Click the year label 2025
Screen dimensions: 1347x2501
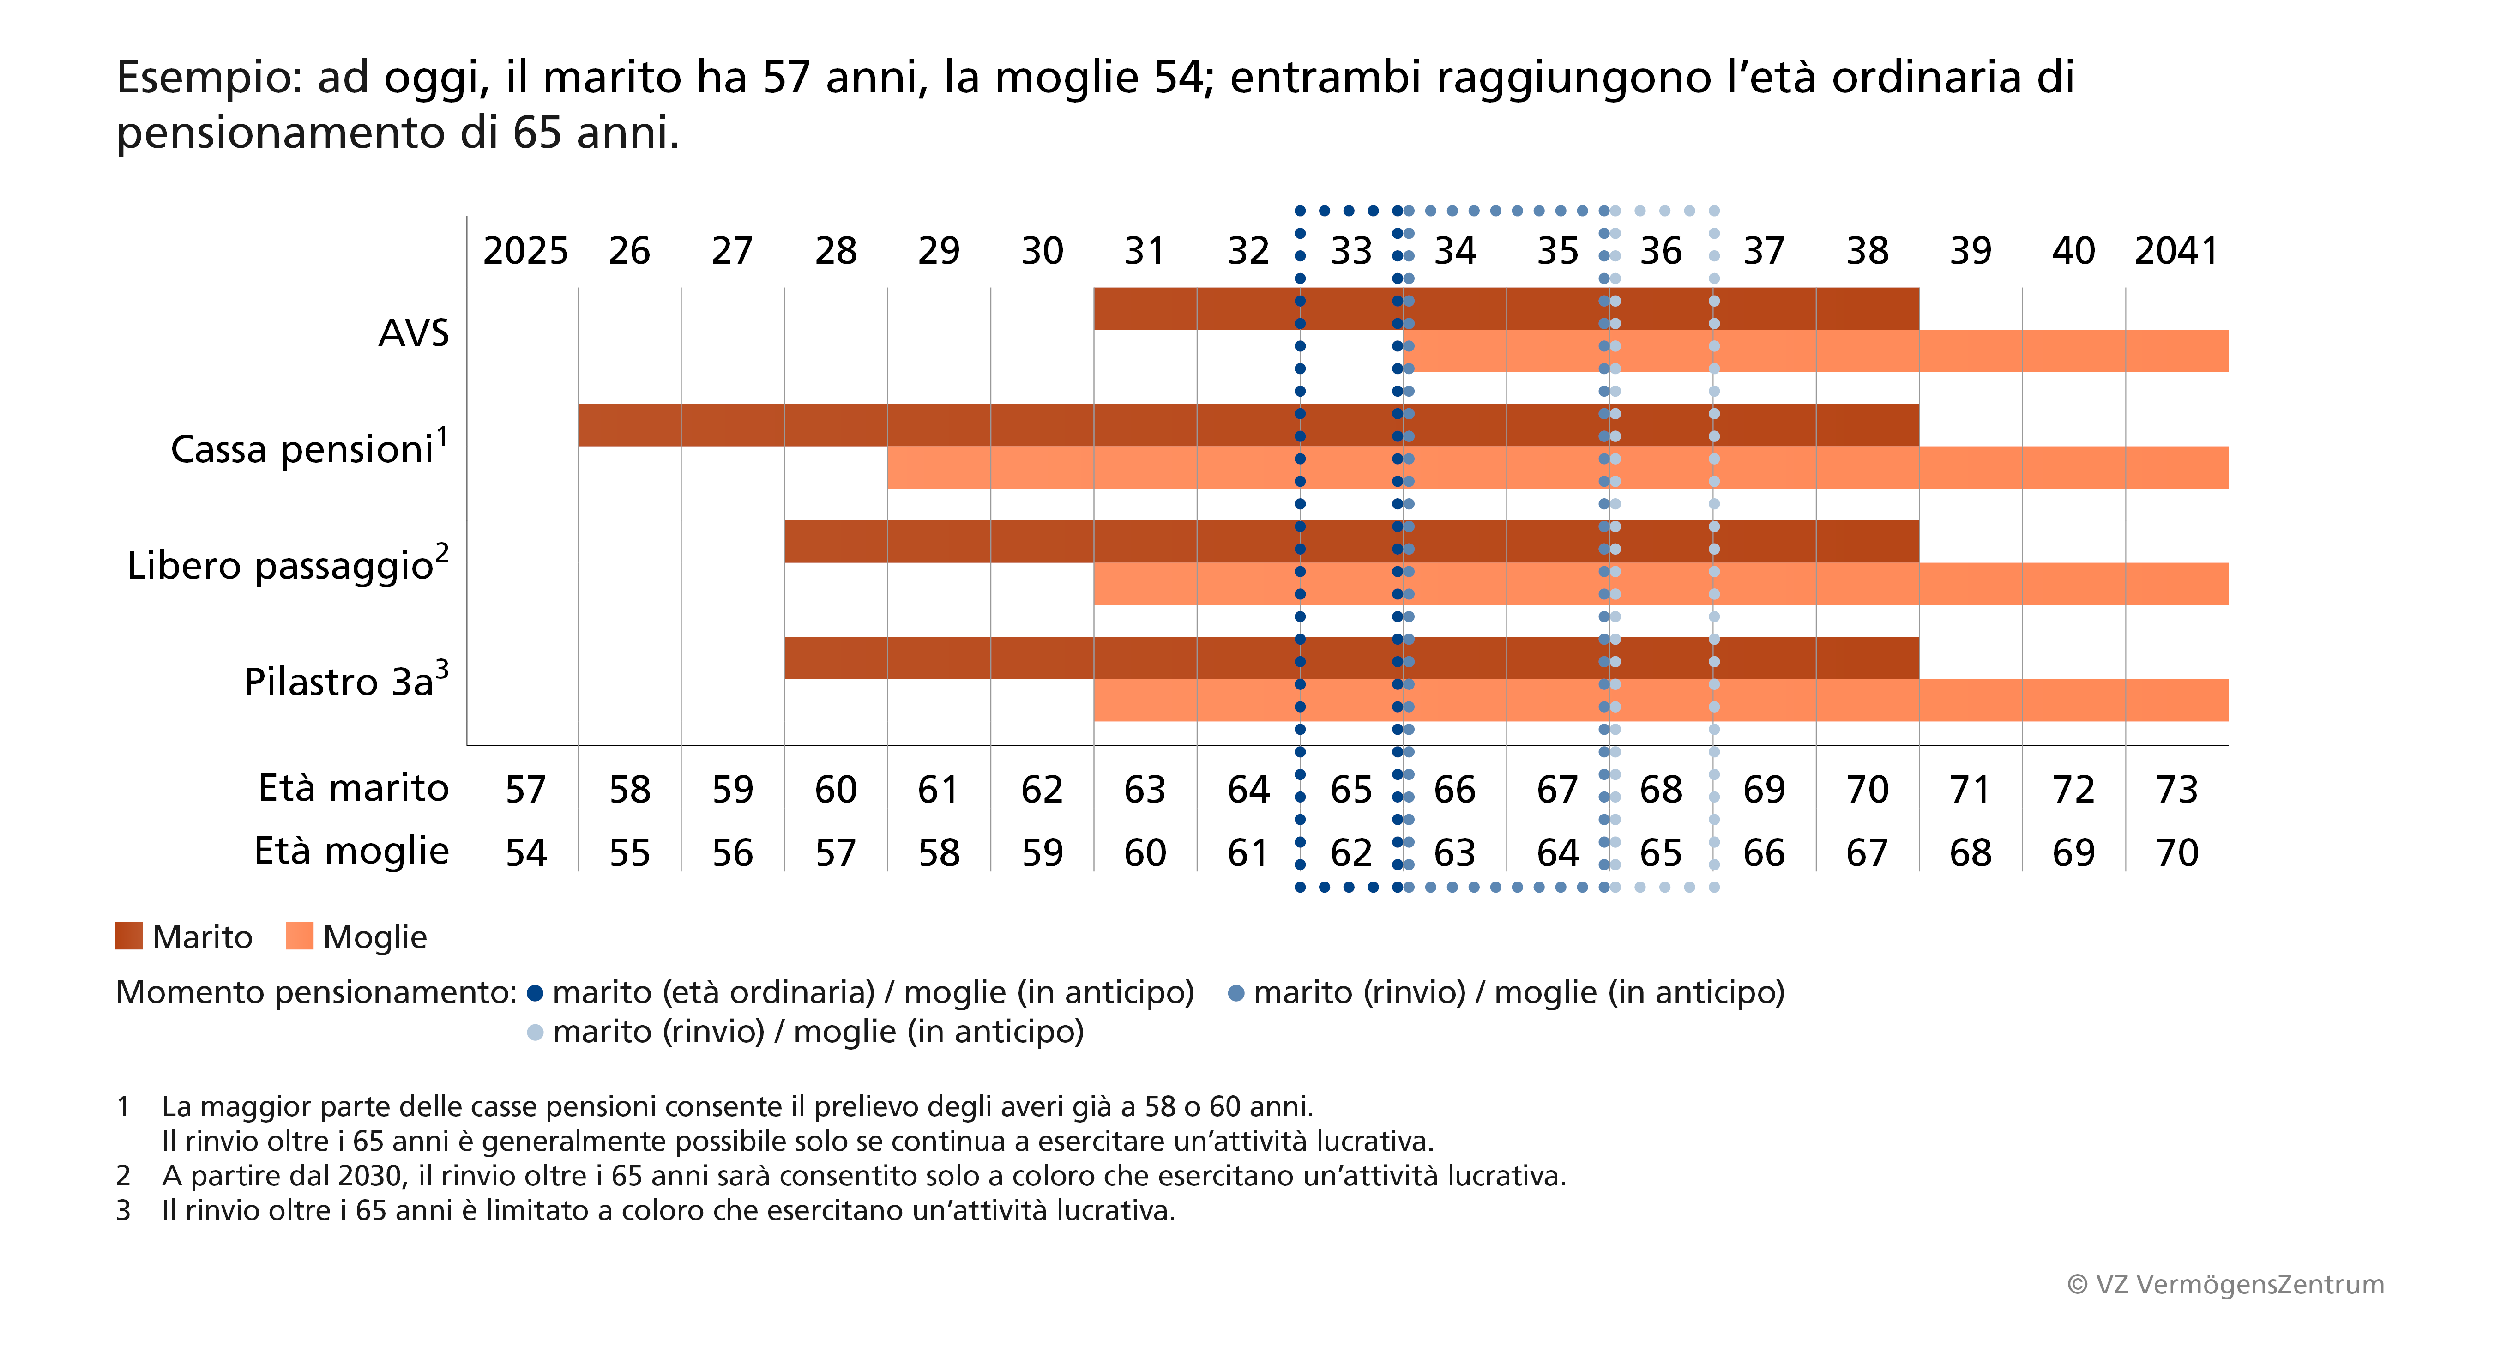coord(525,252)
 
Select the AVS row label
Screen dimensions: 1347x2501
coord(414,333)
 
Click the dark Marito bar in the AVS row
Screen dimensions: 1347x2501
coord(1505,309)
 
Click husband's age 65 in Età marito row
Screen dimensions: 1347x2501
coord(1350,790)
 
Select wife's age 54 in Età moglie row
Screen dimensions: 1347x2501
coord(525,853)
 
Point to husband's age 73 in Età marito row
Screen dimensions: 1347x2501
coord(2176,790)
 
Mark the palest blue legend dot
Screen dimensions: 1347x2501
coord(534,1033)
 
